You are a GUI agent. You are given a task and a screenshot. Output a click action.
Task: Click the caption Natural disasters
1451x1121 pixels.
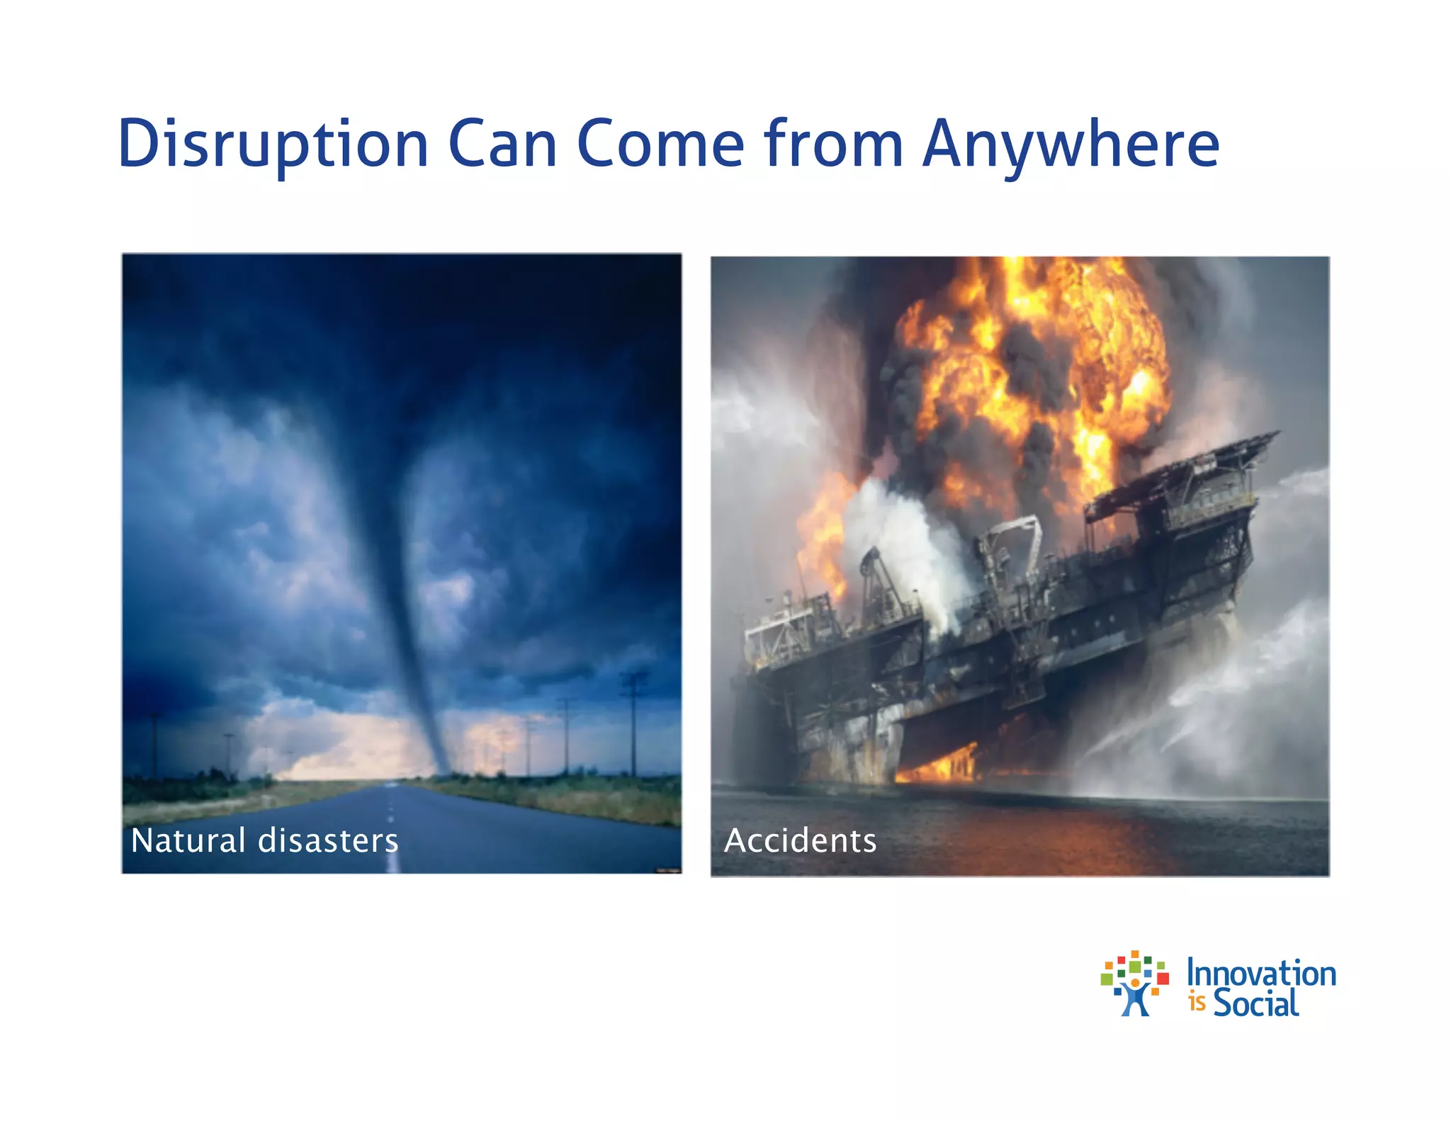click(x=264, y=840)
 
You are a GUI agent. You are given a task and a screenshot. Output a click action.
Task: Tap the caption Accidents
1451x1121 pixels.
click(x=800, y=841)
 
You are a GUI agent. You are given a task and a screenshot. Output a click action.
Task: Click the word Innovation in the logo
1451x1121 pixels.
click(x=1261, y=974)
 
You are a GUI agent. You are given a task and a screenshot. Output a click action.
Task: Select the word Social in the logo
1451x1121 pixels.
click(x=1255, y=1003)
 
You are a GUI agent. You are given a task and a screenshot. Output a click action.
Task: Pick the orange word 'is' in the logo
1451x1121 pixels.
click(x=1197, y=1003)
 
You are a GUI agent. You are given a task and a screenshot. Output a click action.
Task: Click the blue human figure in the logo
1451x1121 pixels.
click(x=1135, y=999)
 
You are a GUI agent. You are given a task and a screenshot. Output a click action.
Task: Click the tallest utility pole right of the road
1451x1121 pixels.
click(x=633, y=723)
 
